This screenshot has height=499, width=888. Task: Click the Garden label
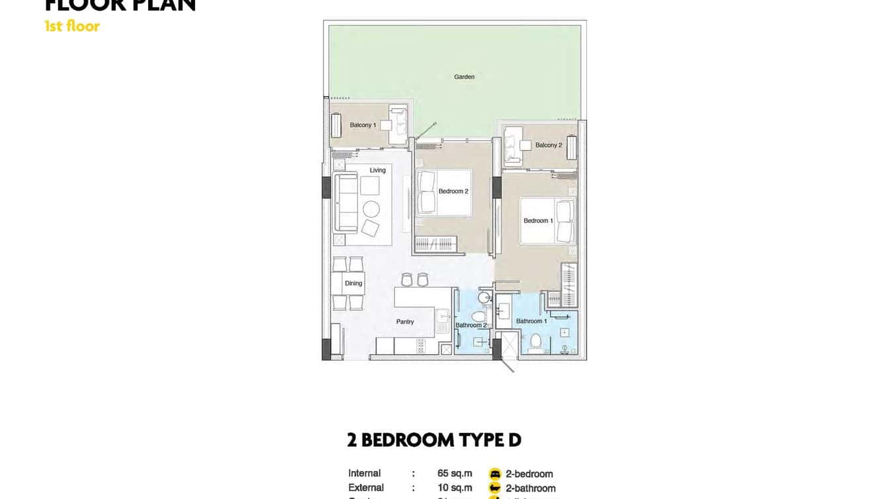coord(464,77)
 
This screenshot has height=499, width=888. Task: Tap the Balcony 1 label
coord(363,125)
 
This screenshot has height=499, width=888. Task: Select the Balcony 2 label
coord(549,145)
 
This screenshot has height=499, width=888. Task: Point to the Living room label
coord(377,170)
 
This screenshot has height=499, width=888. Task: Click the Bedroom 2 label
coord(453,191)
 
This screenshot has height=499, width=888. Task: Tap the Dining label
coord(353,283)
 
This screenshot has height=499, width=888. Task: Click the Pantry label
coord(405,322)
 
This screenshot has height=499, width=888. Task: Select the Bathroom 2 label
coord(471,325)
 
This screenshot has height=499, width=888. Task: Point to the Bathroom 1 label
coord(531,321)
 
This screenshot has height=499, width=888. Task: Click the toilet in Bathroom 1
coord(536,341)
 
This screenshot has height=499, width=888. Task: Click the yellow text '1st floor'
coord(72,26)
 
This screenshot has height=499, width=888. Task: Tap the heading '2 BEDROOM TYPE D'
coord(434,440)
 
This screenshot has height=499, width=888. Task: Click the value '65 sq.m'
coord(455,473)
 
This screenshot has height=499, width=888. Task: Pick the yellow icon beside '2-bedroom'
coord(495,474)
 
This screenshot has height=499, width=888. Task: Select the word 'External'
coord(366,488)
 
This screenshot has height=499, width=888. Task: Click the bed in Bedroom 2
coord(444,192)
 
